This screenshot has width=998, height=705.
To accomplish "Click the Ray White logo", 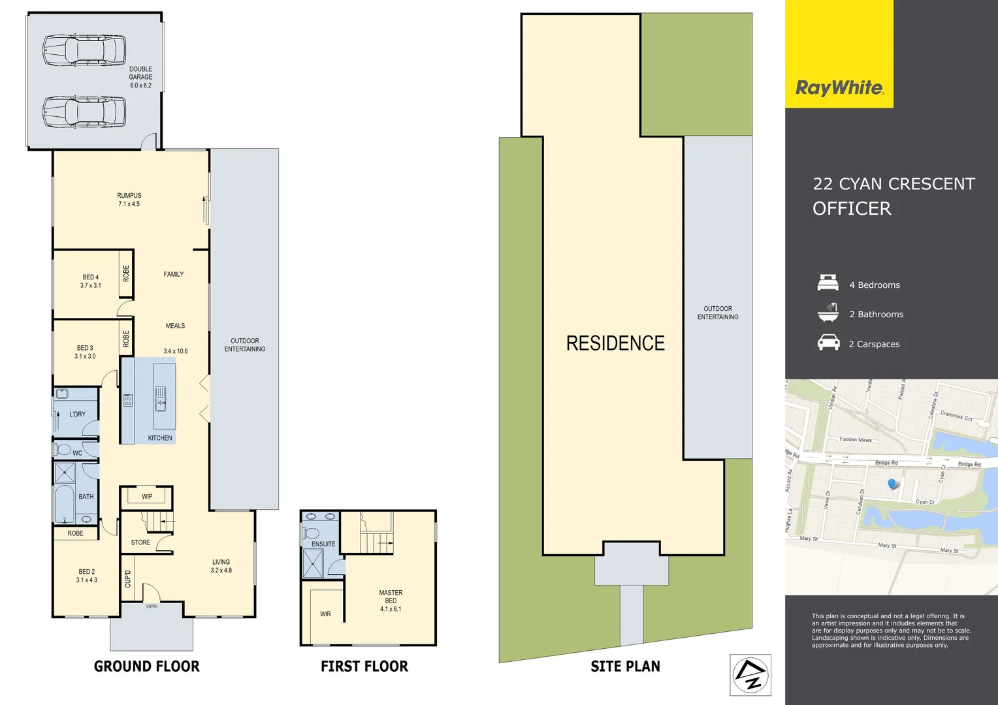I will coord(839,87).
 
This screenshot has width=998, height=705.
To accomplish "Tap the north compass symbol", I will coord(750,674).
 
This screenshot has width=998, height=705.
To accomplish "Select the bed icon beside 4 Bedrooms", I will coord(828,283).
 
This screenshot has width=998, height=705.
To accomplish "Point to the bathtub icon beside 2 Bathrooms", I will coord(828,313).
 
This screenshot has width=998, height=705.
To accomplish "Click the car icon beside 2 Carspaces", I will coord(828,343).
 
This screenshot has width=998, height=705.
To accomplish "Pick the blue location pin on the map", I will coord(892,484).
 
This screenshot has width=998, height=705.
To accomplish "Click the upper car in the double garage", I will coord(84,50).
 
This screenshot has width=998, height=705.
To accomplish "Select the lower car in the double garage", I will coord(84,112).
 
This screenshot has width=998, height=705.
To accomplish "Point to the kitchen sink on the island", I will coord(160,398).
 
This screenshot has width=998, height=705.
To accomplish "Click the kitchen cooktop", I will coord(128,400).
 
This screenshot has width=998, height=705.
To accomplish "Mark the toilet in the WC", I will coord(63,450).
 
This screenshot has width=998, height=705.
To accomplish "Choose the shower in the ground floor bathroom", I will coord(65,472).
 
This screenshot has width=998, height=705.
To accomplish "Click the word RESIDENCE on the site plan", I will coord(615,343).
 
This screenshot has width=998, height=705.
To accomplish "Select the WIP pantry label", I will coord(147,497).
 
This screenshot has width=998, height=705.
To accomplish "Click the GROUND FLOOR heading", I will coord(147,666).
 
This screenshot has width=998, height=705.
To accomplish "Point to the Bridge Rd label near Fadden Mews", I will coord(886,463).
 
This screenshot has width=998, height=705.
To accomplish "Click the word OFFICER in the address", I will coord(852,209).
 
